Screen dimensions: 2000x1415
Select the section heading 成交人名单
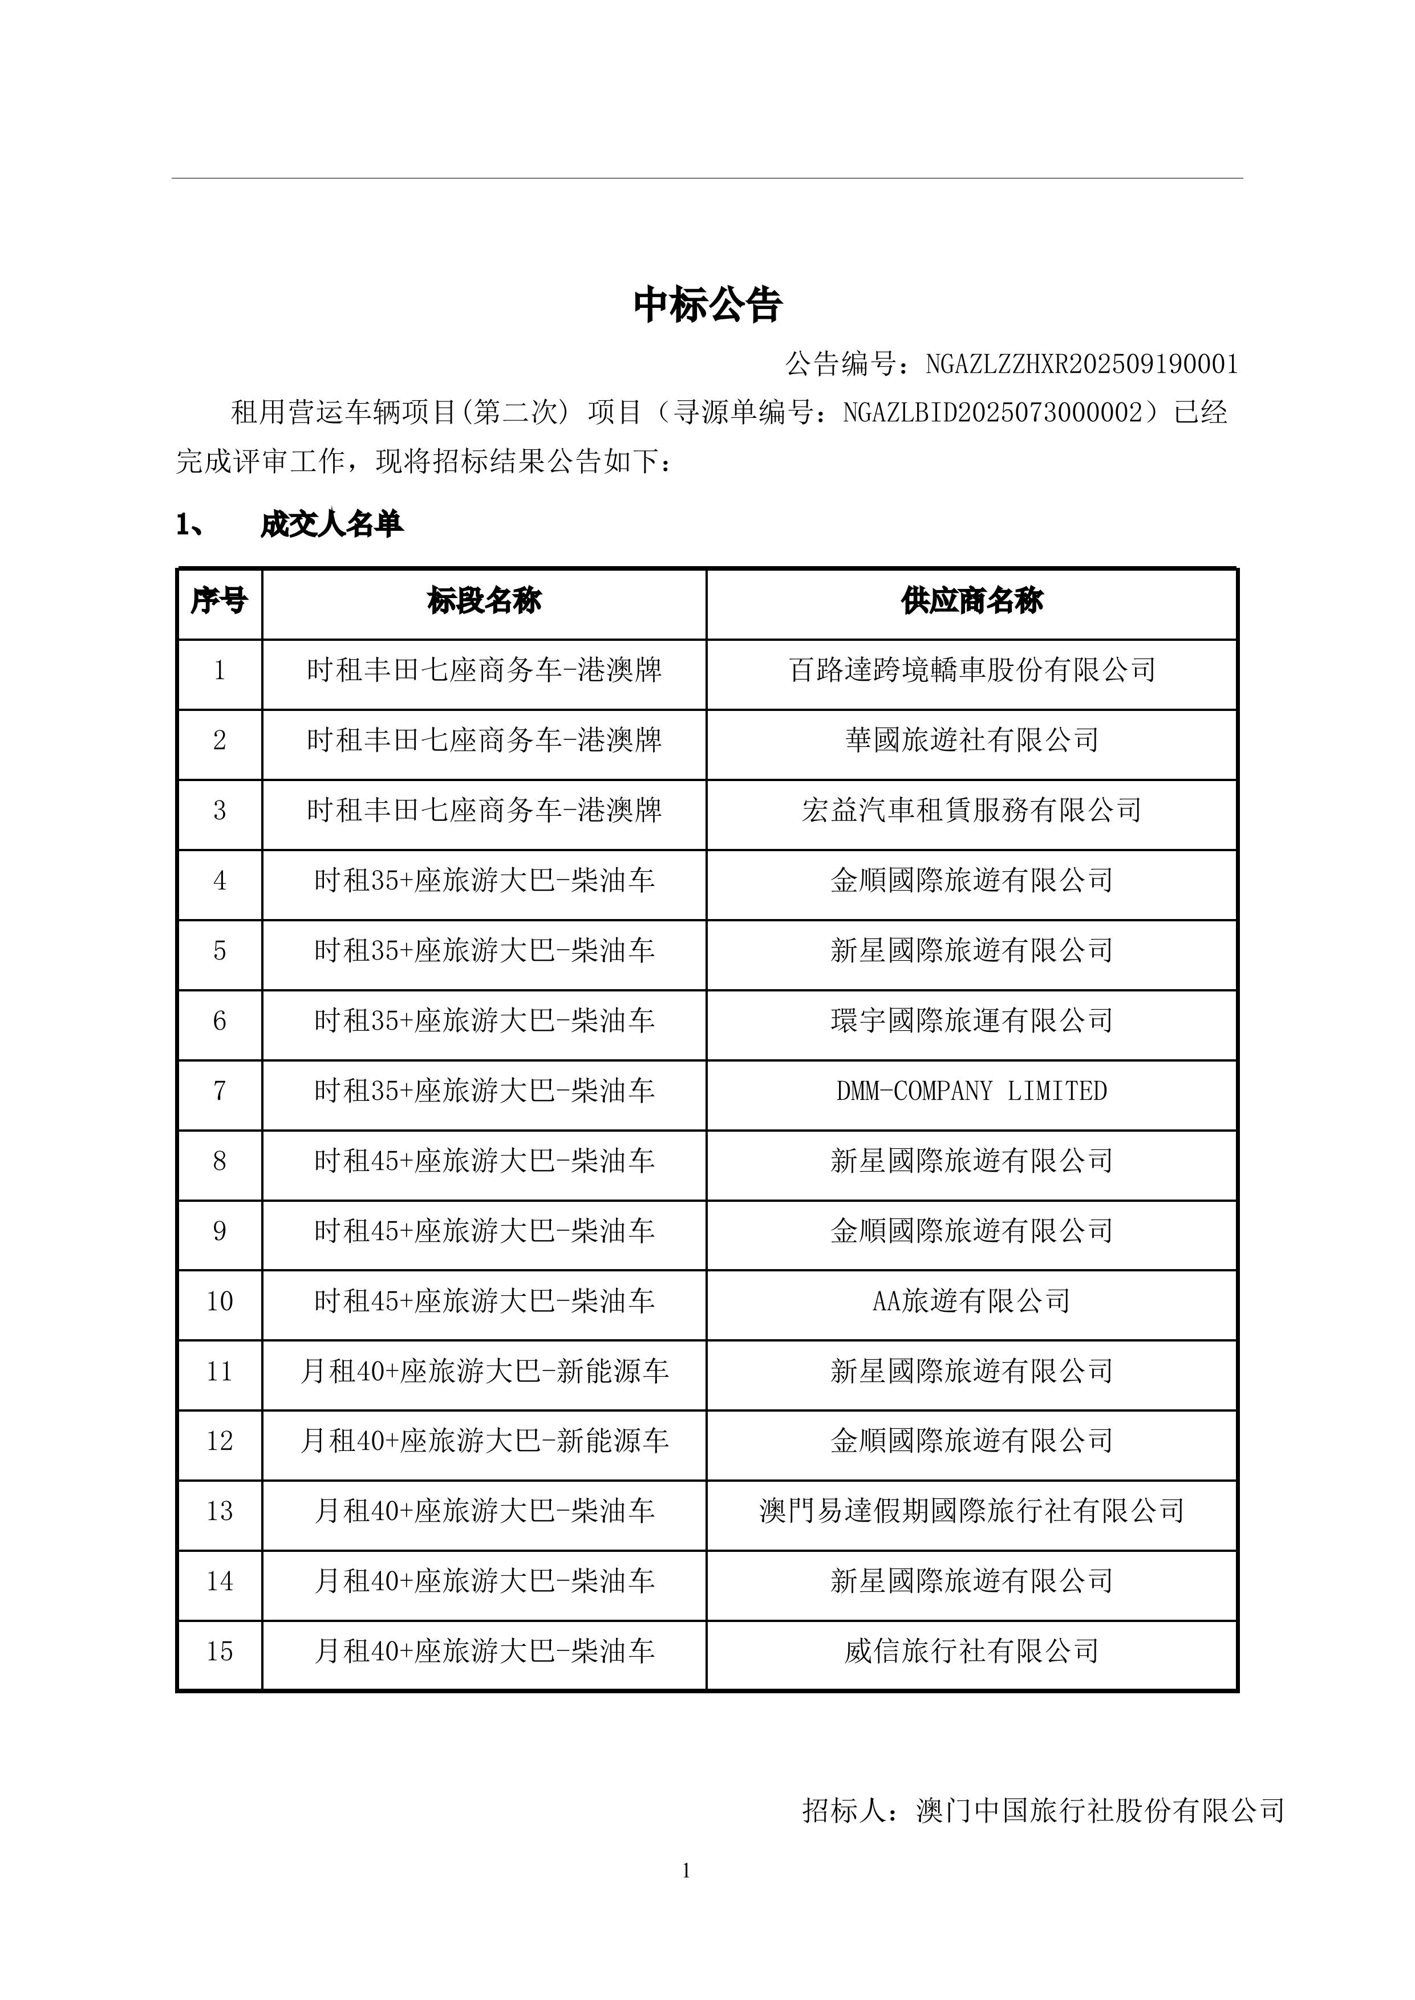point(331,525)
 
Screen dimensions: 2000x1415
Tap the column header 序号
point(218,601)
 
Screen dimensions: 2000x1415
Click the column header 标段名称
point(484,601)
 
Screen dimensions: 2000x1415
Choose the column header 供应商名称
point(971,601)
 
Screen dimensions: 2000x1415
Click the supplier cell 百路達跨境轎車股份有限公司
point(971,670)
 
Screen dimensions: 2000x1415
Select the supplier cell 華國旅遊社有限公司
point(971,741)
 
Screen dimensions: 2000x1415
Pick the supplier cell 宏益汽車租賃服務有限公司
point(971,810)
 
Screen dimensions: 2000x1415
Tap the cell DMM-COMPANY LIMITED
point(971,1091)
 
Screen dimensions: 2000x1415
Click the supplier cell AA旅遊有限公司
point(971,1302)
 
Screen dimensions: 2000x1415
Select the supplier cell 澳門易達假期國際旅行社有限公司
point(971,1511)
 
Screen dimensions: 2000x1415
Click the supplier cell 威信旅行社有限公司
point(971,1652)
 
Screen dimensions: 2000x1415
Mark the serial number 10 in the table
point(218,1302)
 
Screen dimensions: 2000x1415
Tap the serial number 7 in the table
point(218,1091)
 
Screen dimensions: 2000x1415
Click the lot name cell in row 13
point(484,1511)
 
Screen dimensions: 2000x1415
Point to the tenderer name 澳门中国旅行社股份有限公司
point(1100,1811)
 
